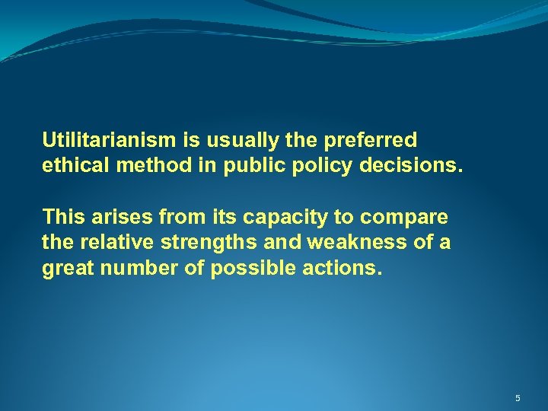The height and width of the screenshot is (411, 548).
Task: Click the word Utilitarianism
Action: tap(110, 141)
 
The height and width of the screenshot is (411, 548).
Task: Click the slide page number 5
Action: tap(518, 398)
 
